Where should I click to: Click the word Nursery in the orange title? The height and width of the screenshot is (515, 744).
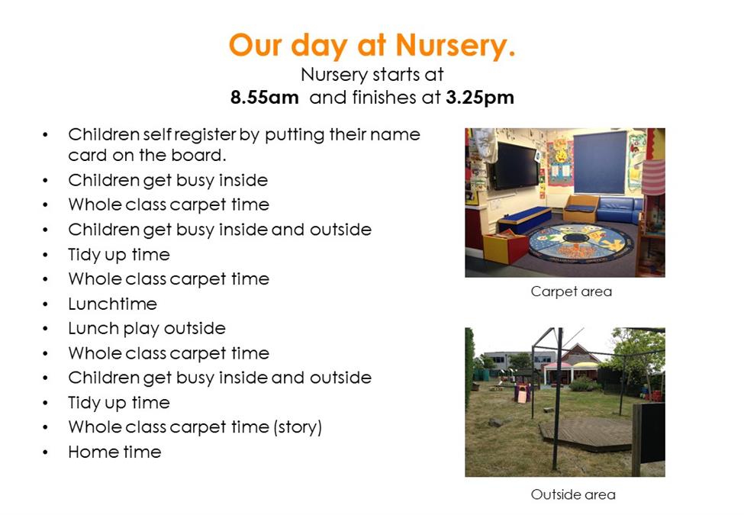pyautogui.click(x=455, y=46)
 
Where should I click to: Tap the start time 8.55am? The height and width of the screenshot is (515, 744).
pyautogui.click(x=264, y=98)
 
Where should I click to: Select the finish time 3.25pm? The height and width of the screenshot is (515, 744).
pyautogui.click(x=480, y=98)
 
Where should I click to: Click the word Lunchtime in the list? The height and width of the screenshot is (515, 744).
pyautogui.click(x=112, y=304)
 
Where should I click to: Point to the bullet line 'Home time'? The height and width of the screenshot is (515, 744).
pyautogui.click(x=114, y=452)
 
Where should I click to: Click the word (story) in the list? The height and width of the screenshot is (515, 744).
pyautogui.click(x=298, y=427)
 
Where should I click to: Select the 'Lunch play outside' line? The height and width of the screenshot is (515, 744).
pyautogui.click(x=147, y=328)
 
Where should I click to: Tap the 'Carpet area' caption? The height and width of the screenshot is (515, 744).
pyautogui.click(x=572, y=291)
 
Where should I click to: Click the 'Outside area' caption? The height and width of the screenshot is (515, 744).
pyautogui.click(x=573, y=494)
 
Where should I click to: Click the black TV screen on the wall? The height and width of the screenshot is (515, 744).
pyautogui.click(x=516, y=166)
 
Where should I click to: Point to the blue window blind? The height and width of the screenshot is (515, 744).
pyautogui.click(x=601, y=163)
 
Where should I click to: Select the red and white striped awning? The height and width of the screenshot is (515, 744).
pyautogui.click(x=653, y=177)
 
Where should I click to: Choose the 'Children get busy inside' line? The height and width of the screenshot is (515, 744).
pyautogui.click(x=168, y=181)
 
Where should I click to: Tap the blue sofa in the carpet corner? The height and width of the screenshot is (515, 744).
pyautogui.click(x=619, y=209)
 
